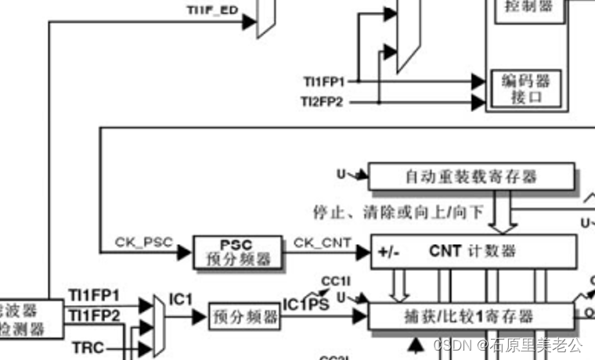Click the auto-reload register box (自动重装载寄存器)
[471, 177]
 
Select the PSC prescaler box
[237, 251]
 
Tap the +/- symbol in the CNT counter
[388, 252]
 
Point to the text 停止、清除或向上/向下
[399, 211]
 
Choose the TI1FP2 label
[94, 315]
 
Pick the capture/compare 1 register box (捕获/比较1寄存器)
[471, 316]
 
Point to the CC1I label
[334, 281]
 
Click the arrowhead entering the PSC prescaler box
[186, 251]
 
